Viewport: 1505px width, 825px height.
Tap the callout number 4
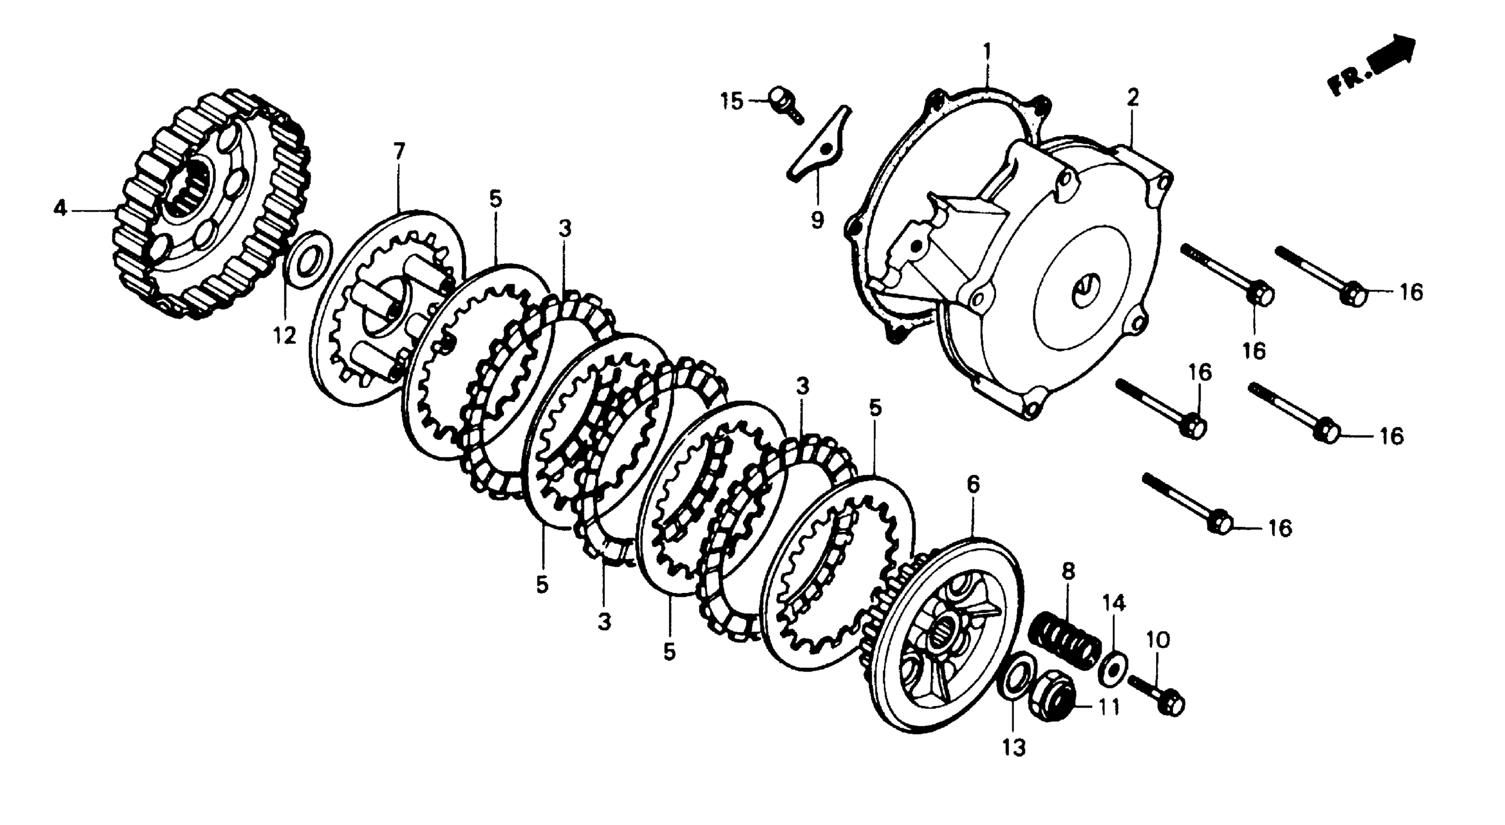pyautogui.click(x=60, y=208)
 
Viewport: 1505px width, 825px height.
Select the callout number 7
pyautogui.click(x=398, y=152)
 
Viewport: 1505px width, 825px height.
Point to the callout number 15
pyautogui.click(x=731, y=101)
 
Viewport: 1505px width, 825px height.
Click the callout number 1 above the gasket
pyautogui.click(x=987, y=52)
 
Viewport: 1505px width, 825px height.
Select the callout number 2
pyautogui.click(x=1133, y=98)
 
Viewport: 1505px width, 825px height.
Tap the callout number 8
pyautogui.click(x=1068, y=571)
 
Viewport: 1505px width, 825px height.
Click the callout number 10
pyautogui.click(x=1158, y=641)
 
